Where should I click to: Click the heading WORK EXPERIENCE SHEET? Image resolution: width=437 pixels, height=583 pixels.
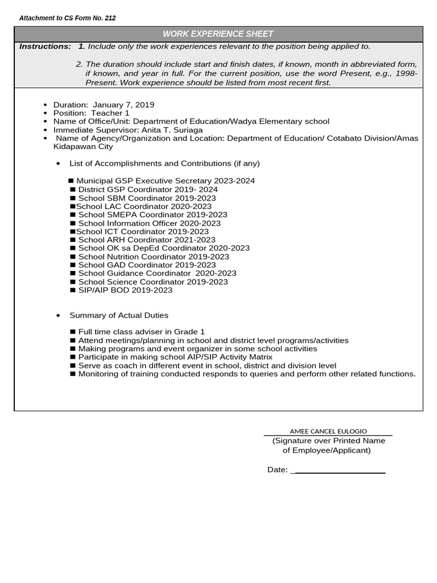point(218,34)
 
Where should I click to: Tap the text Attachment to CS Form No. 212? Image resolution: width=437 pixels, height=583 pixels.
point(67,18)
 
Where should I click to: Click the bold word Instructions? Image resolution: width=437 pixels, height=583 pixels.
point(45,46)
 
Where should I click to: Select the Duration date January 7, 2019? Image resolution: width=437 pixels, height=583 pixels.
point(123,105)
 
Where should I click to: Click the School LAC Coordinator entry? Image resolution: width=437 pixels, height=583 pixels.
point(143,206)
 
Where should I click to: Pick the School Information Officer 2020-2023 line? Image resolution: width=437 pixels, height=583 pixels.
point(149,223)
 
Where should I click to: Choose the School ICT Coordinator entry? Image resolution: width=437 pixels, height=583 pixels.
point(142,232)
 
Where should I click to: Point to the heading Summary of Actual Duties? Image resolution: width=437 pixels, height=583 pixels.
point(118,315)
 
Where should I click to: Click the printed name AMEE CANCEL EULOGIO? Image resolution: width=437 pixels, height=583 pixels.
point(328,431)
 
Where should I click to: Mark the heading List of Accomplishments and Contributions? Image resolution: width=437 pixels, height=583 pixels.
point(164,163)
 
